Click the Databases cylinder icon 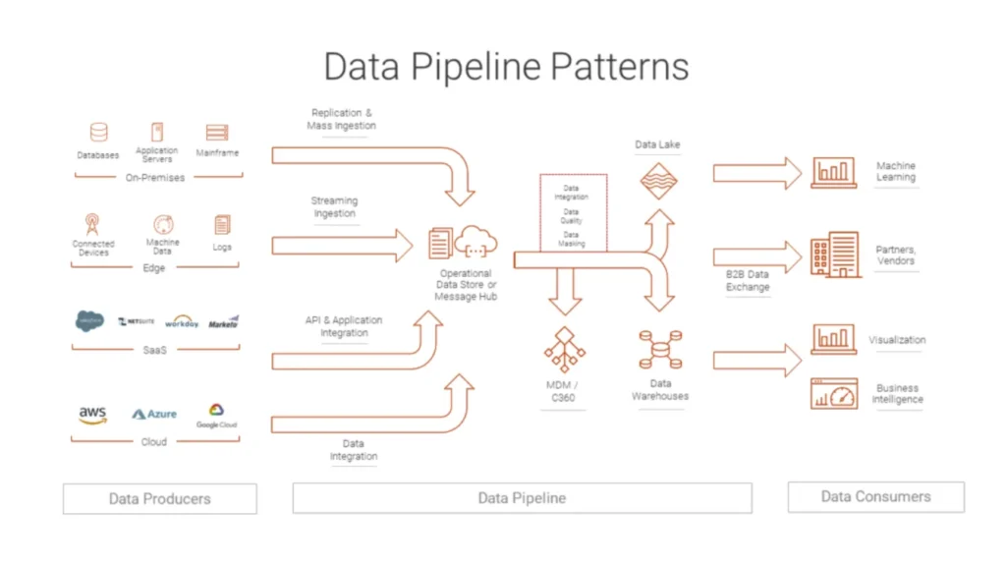coord(98,133)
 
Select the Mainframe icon coord(217,133)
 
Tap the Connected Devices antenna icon coord(92,224)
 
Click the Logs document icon coord(222,225)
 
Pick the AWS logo coord(92,415)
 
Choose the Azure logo coord(154,414)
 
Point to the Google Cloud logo coord(216,414)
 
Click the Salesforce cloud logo coord(89,321)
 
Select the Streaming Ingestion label coord(334,207)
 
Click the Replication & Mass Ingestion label coord(342,119)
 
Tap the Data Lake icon coord(658,181)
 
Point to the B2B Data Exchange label coord(748,281)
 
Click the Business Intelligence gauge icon coord(833,394)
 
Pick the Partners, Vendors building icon coord(833,255)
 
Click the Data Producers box coord(159,498)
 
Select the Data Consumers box coord(875,497)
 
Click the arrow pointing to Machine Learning coord(756,173)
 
